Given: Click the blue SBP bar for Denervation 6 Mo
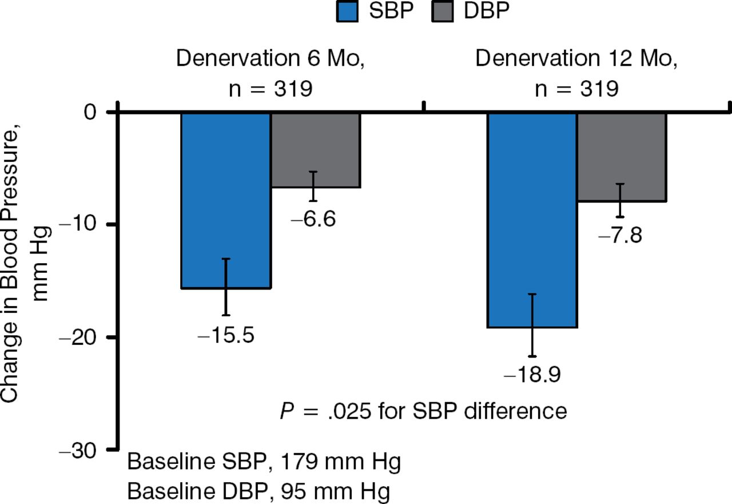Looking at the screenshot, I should click(x=226, y=200).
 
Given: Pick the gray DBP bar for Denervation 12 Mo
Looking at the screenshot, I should click(x=622, y=157).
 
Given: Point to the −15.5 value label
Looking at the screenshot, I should click(x=226, y=335).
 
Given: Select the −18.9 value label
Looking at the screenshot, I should click(x=532, y=375).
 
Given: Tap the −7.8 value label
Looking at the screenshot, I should click(x=620, y=235).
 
